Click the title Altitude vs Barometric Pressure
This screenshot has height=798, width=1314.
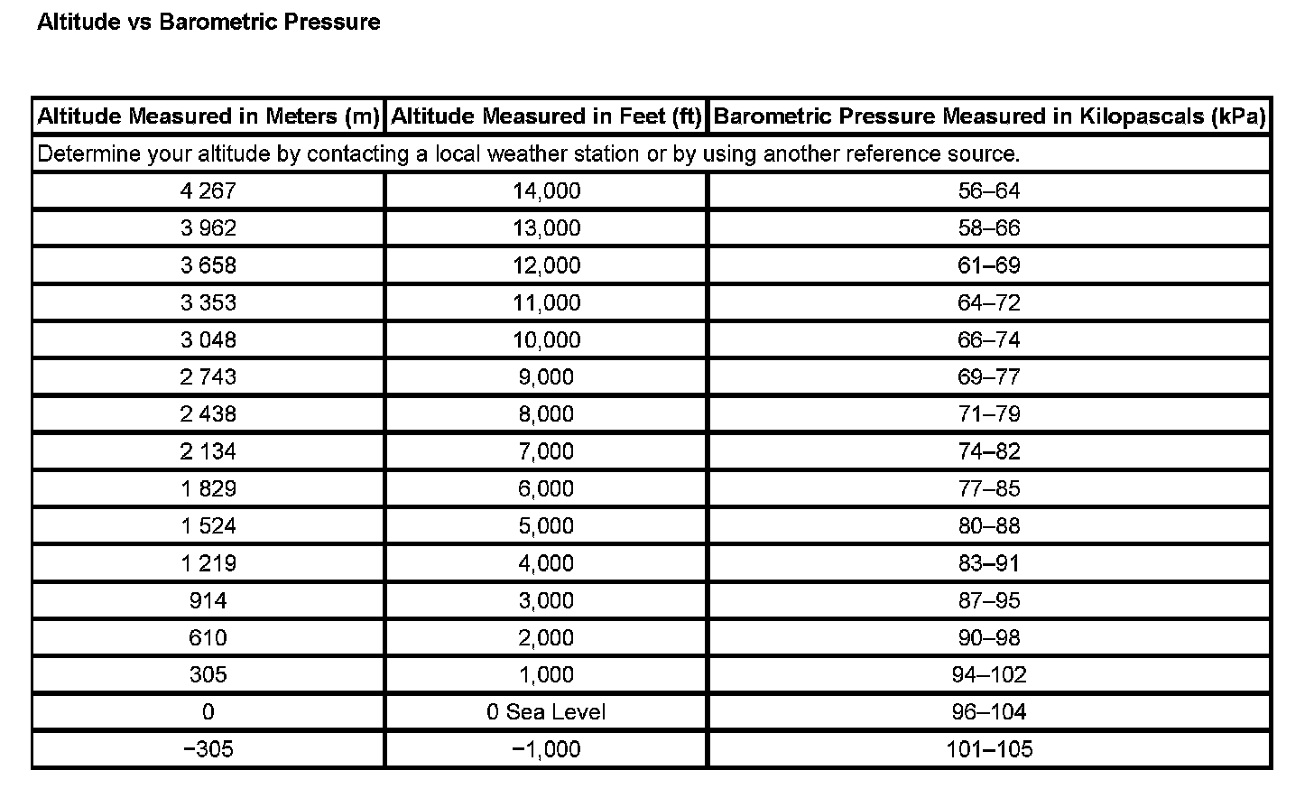click(x=208, y=22)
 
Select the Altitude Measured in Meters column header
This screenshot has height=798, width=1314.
click(x=208, y=116)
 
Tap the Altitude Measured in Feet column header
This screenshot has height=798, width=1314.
click(x=546, y=116)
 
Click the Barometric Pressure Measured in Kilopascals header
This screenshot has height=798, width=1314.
click(x=989, y=116)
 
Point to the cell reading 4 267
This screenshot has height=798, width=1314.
click(x=208, y=190)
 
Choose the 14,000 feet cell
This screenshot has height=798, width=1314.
click(x=546, y=190)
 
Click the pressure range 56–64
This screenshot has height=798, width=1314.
click(x=989, y=190)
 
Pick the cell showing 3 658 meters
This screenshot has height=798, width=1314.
click(x=208, y=265)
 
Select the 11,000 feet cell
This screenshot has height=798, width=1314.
click(x=546, y=302)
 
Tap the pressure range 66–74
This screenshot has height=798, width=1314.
click(x=989, y=339)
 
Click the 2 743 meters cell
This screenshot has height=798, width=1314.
click(x=208, y=376)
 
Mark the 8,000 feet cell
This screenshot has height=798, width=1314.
click(x=546, y=414)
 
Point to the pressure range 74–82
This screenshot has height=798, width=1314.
click(x=989, y=451)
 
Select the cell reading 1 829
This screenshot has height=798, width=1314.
click(x=208, y=488)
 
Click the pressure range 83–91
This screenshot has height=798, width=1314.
click(x=989, y=563)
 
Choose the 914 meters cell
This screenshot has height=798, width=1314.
click(x=208, y=600)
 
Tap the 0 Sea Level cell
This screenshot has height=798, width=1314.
click(x=546, y=712)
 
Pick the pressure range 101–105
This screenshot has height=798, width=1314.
click(x=989, y=749)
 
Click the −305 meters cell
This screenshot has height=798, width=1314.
click(x=208, y=749)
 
